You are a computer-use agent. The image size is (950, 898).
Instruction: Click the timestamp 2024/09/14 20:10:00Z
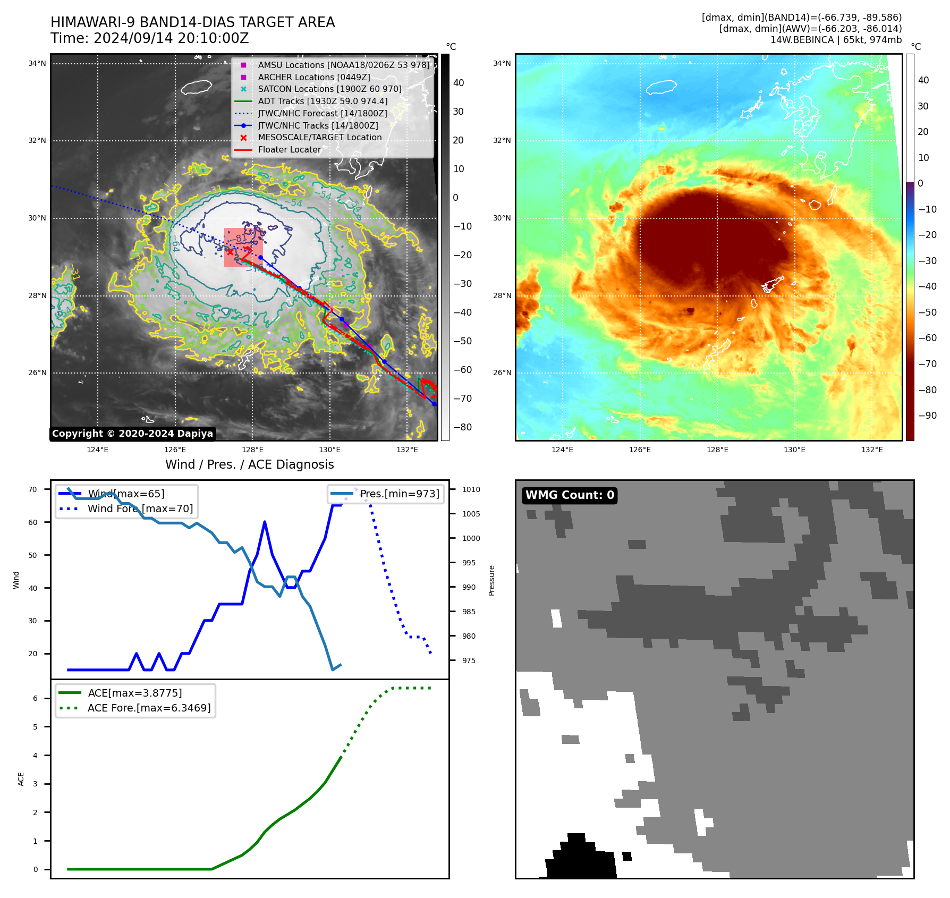171,39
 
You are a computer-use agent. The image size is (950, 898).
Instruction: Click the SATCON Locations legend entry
329,89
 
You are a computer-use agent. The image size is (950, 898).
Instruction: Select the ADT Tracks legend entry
323,101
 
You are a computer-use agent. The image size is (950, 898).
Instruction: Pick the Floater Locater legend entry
290,150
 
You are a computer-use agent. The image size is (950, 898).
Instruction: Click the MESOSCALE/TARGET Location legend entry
319,138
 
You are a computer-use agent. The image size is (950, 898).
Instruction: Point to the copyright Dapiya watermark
132,434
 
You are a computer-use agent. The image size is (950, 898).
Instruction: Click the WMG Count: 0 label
570,495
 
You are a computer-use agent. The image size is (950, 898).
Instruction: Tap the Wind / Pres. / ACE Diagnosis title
249,464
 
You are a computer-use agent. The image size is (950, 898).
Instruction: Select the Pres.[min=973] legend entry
400,494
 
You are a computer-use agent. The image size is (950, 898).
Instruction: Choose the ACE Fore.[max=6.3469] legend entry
149,708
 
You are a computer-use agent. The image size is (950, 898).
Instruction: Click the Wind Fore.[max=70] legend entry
140,509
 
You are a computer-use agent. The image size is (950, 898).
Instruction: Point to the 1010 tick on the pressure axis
471,489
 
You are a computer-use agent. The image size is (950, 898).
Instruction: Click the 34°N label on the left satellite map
37,64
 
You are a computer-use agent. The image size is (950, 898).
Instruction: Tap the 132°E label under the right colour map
872,450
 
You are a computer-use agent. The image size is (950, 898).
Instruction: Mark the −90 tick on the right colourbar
928,416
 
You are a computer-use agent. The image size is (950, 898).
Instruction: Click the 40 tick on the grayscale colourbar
459,83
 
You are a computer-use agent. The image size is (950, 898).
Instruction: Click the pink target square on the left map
243,247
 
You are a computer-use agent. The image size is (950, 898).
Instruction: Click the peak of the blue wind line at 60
265,522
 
